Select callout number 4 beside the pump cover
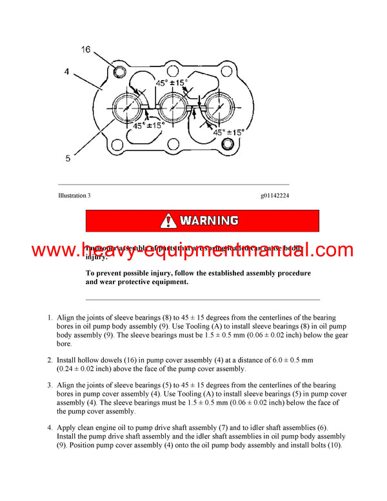pyautogui.click(x=66, y=72)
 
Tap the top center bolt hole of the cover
pyautogui.click(x=173, y=67)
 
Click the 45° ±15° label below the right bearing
pyautogui.click(x=229, y=132)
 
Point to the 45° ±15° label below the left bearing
pyautogui.click(x=148, y=126)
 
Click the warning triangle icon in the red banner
pyautogui.click(x=168, y=221)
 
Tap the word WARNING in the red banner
pyautogui.click(x=209, y=221)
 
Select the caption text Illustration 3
pyautogui.click(x=74, y=195)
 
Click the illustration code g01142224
pyautogui.click(x=275, y=195)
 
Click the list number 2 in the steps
pyautogui.click(x=50, y=358)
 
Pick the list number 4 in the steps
pyautogui.click(x=50, y=427)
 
